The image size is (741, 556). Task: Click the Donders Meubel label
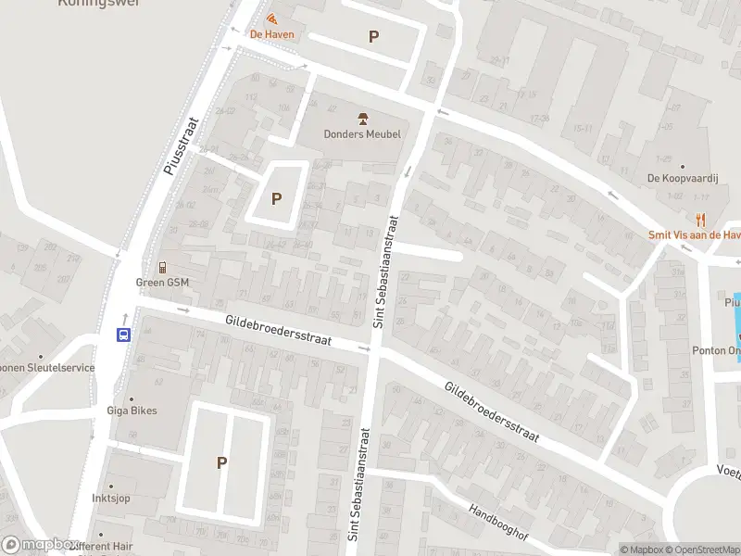[362, 133]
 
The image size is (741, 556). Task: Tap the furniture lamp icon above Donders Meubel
[362, 118]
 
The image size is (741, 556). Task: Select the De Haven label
[272, 35]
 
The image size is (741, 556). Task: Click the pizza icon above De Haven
[271, 19]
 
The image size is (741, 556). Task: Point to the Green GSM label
[163, 283]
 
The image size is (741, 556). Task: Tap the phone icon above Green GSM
[163, 268]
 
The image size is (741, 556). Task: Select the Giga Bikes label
[132, 411]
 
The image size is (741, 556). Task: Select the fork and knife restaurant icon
[701, 220]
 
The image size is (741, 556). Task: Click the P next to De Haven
[373, 37]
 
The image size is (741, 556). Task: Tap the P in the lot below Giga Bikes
[221, 462]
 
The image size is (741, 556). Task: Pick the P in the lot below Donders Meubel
[276, 198]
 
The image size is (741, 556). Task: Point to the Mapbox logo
[39, 546]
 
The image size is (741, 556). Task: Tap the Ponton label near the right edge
[716, 350]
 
